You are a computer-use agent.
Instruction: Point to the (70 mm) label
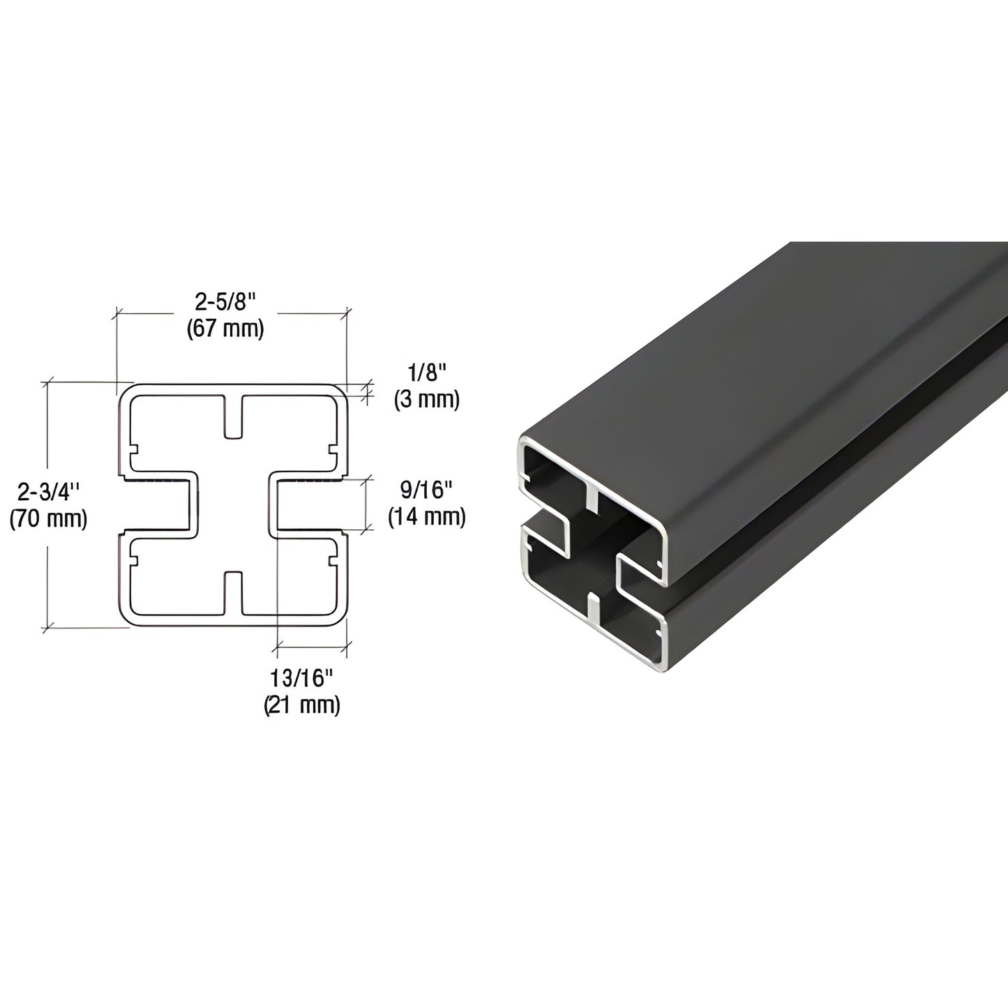tap(48, 518)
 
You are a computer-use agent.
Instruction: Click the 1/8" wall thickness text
tap(426, 373)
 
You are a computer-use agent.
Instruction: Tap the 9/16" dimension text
tap(426, 490)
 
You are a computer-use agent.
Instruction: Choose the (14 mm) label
tap(426, 516)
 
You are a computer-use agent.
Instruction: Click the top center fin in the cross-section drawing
tap(234, 417)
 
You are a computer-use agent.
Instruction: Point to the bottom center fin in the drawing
tap(234, 593)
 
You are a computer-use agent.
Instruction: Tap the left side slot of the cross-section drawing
tap(159, 505)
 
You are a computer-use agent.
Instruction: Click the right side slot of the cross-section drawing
tap(308, 505)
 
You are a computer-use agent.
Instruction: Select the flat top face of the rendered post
tap(767, 349)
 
